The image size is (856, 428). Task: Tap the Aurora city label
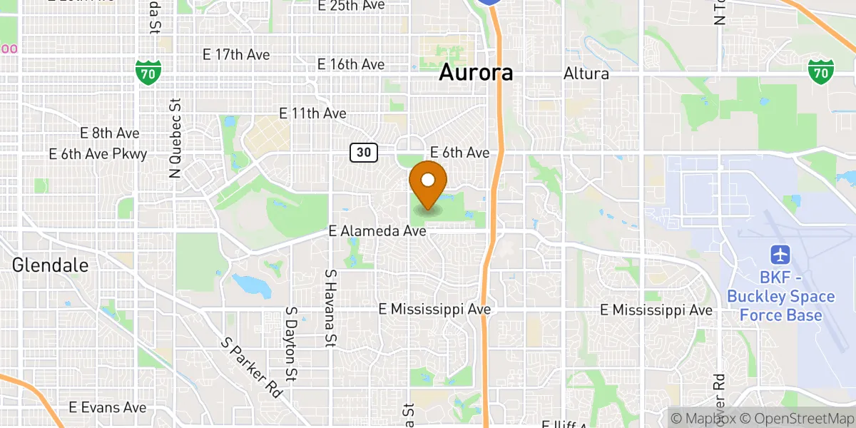[476, 73]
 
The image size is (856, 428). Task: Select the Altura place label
[586, 73]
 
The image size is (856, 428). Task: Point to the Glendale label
[50, 265]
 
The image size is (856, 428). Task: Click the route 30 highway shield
[363, 152]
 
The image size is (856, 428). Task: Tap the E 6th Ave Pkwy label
[98, 154]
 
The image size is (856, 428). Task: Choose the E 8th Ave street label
[110, 133]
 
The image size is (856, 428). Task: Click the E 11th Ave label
[313, 113]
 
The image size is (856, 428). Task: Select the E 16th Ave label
[351, 65]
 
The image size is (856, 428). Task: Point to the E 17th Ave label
[237, 54]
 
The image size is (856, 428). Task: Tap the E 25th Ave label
[351, 6]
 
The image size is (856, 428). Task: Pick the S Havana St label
[330, 307]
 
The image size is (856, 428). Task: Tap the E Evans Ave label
[108, 407]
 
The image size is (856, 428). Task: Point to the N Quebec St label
[175, 138]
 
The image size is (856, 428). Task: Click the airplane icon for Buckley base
[781, 255]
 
